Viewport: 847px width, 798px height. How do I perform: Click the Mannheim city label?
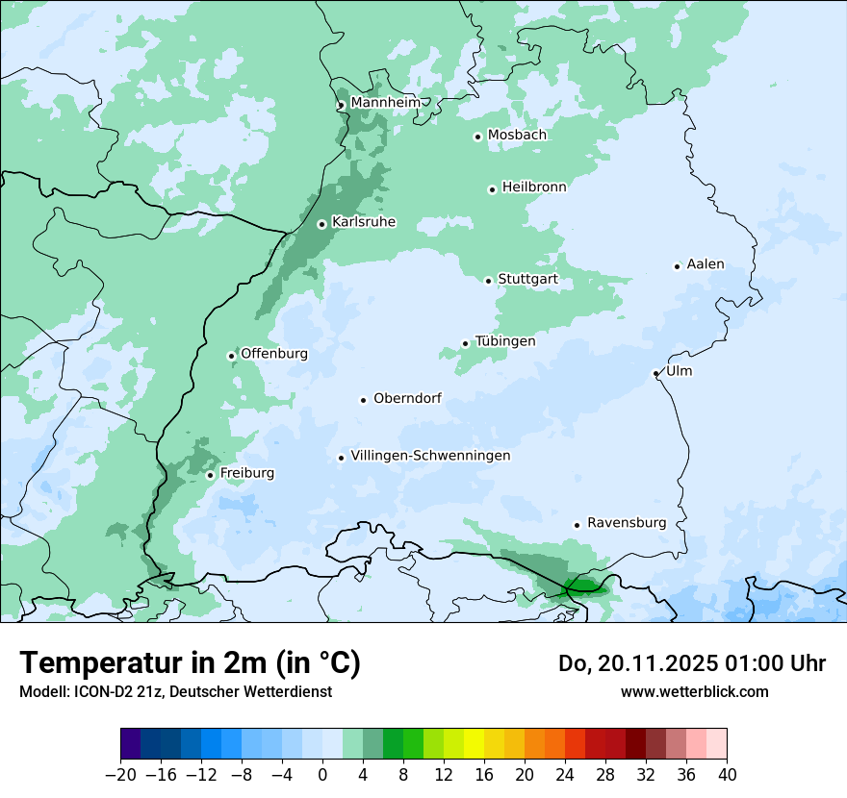[385, 103]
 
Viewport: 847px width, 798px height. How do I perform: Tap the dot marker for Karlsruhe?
[322, 224]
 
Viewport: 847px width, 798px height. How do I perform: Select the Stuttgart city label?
[527, 280]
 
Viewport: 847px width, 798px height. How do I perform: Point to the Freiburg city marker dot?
[210, 475]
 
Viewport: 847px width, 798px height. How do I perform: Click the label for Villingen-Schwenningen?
[430, 456]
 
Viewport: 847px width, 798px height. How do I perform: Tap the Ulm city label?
[679, 371]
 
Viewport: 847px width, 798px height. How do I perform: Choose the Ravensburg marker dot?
[577, 525]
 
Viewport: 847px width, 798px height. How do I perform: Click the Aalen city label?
[706, 264]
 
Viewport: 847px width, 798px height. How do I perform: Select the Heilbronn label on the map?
[534, 187]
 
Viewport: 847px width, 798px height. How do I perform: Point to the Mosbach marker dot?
[477, 137]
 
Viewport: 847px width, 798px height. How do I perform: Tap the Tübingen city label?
[505, 341]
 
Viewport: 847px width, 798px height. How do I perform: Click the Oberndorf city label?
[407, 398]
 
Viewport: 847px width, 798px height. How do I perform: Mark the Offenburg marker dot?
[231, 356]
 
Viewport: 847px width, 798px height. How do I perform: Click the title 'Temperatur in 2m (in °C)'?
[190, 663]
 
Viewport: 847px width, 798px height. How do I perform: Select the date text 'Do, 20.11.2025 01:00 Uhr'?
[692, 663]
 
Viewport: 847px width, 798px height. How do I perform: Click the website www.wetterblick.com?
[694, 691]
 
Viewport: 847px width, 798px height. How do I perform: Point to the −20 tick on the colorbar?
[120, 774]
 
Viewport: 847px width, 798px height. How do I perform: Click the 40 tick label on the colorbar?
[727, 774]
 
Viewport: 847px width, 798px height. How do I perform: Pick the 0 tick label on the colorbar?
[322, 774]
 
